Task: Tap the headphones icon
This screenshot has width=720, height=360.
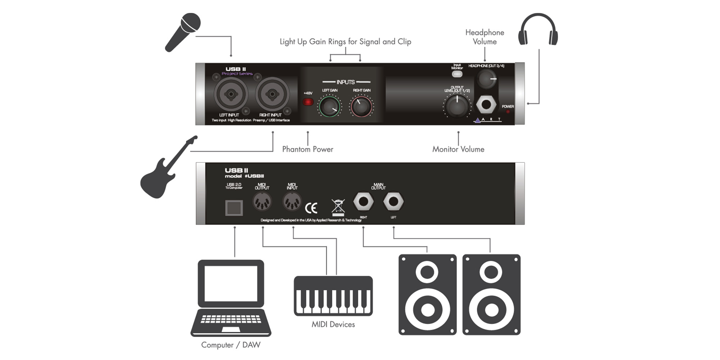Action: (x=538, y=30)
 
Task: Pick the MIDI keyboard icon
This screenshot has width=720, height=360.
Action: (x=333, y=296)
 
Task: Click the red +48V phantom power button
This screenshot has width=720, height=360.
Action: (x=308, y=102)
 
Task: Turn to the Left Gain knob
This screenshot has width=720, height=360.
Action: (x=329, y=107)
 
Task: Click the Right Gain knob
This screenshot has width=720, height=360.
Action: (x=361, y=107)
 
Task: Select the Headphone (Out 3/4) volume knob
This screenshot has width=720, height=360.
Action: (x=486, y=79)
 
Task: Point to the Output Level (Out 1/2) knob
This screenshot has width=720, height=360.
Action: (x=457, y=107)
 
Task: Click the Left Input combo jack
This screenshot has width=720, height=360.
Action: (x=231, y=94)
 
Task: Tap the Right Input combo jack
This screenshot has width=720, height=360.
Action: (x=272, y=94)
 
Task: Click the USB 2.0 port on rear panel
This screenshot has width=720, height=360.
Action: (x=234, y=208)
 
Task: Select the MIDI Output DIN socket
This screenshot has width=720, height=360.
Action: (x=262, y=202)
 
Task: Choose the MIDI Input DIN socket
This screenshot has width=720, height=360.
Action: (x=292, y=202)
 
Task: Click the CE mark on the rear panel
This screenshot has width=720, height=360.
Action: (x=311, y=208)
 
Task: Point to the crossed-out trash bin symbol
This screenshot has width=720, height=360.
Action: (x=338, y=207)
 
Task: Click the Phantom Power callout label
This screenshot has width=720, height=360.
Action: (x=307, y=149)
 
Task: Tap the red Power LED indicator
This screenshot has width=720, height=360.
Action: (x=508, y=112)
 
